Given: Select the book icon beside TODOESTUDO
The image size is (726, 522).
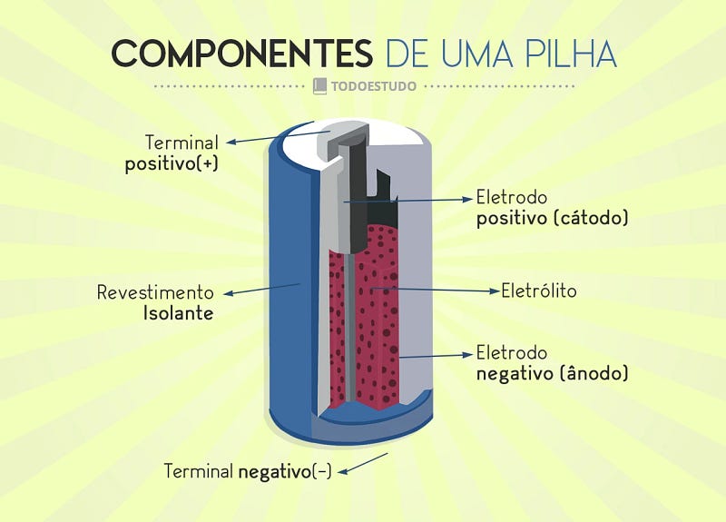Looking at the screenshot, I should pos(319,86).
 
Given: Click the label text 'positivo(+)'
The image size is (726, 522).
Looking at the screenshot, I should pos(172,165).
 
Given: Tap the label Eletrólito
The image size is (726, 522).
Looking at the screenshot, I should pos(539,291).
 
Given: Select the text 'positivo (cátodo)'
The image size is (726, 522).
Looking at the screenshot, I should pos(553,219).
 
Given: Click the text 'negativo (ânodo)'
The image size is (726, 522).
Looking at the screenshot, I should pos(553,373).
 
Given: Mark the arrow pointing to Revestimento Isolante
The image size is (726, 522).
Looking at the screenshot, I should pos(263,290).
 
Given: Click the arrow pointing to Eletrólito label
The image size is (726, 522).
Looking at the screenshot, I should pos(436,290).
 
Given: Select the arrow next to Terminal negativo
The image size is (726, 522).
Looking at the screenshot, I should pos(363,462).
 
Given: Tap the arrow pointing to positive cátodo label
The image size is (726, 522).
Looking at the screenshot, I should pos(408,199).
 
